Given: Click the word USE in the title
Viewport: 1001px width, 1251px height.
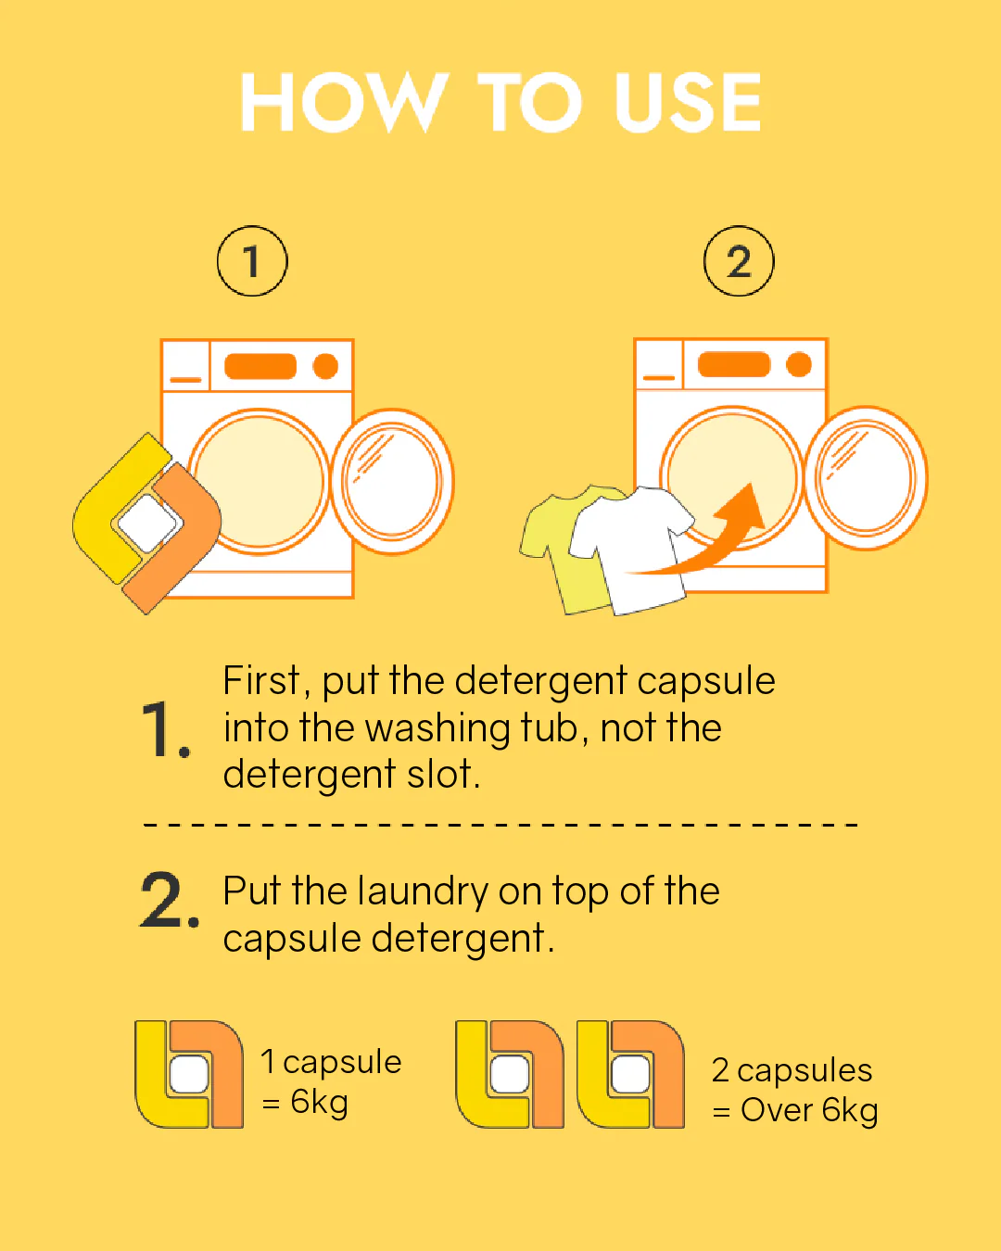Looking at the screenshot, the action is click(688, 102).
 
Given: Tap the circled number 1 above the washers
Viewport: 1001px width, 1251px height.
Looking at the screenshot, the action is click(252, 261).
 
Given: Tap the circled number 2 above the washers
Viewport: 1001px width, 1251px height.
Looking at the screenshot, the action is click(739, 261).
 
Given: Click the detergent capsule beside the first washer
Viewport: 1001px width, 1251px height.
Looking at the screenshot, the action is click(146, 524).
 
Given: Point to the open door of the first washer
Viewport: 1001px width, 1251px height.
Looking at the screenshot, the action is click(391, 481).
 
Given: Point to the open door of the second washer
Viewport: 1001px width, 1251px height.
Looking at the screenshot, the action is click(866, 478).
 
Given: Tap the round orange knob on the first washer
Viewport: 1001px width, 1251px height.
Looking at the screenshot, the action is click(325, 366).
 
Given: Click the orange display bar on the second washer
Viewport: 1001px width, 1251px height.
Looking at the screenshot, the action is click(734, 364).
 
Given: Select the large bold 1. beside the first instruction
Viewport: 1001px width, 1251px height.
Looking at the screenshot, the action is click(166, 729).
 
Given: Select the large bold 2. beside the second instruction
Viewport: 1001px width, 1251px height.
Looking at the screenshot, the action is click(170, 899).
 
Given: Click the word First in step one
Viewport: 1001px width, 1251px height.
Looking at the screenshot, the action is click(262, 680).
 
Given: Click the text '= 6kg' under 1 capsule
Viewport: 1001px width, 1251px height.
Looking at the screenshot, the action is click(305, 1102).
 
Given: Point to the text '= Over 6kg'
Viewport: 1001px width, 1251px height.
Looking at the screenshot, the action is click(795, 1110).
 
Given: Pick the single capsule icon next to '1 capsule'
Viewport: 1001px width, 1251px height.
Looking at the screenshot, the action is click(189, 1074).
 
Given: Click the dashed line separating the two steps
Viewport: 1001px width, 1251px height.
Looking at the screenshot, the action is click(500, 825).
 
